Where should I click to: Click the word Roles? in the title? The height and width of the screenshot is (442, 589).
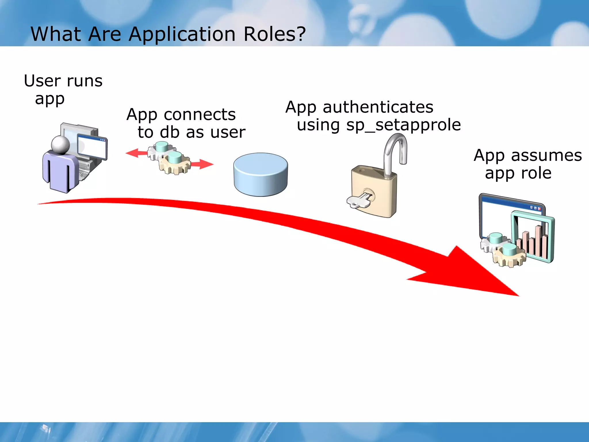pyautogui.click(x=275, y=34)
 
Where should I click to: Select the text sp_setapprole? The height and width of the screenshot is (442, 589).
pyautogui.click(x=403, y=125)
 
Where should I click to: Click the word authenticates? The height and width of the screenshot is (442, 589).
pyautogui.click(x=378, y=107)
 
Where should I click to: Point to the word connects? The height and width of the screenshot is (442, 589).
pyautogui.click(x=200, y=115)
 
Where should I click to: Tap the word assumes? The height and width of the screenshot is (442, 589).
pyautogui.click(x=546, y=155)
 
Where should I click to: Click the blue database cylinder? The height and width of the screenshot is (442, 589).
pyautogui.click(x=261, y=174)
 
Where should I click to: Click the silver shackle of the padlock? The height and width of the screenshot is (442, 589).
pyautogui.click(x=395, y=153)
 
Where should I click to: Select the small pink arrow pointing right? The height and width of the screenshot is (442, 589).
pyautogui.click(x=203, y=164)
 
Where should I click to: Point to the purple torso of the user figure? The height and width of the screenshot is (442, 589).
pyautogui.click(x=60, y=173)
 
